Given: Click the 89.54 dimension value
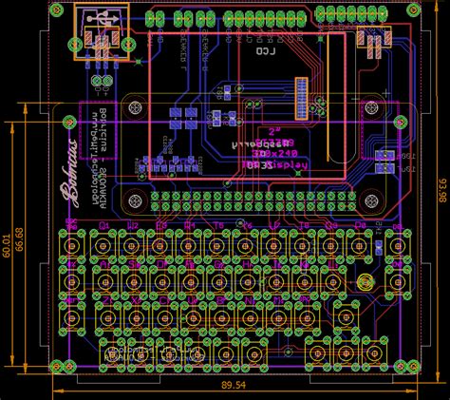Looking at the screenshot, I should click(x=234, y=386).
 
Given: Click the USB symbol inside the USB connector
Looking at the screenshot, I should click(x=101, y=19).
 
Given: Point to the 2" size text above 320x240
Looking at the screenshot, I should click(x=276, y=131).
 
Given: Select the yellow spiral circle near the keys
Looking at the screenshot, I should click(x=366, y=282).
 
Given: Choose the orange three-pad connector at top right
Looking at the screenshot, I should click(x=372, y=38).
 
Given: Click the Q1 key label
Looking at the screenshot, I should click(x=105, y=225).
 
